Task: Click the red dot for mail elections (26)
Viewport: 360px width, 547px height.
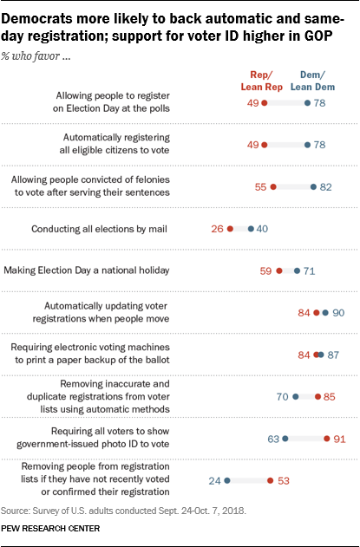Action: click(230, 229)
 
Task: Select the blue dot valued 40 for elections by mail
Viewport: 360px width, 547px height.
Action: click(251, 229)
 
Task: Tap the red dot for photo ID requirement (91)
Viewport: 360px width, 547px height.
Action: click(326, 439)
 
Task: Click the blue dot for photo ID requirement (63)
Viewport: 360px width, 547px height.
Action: click(285, 439)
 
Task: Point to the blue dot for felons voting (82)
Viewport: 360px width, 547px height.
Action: click(313, 186)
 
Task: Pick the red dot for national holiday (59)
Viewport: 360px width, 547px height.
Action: click(278, 270)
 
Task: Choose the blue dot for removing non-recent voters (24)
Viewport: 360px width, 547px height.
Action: click(226, 480)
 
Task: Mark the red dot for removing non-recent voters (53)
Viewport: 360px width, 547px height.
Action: click(270, 480)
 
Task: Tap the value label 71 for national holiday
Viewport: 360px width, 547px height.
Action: click(308, 270)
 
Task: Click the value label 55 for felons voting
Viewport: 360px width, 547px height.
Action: click(259, 186)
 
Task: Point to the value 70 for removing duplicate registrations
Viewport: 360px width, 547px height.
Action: click(282, 397)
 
